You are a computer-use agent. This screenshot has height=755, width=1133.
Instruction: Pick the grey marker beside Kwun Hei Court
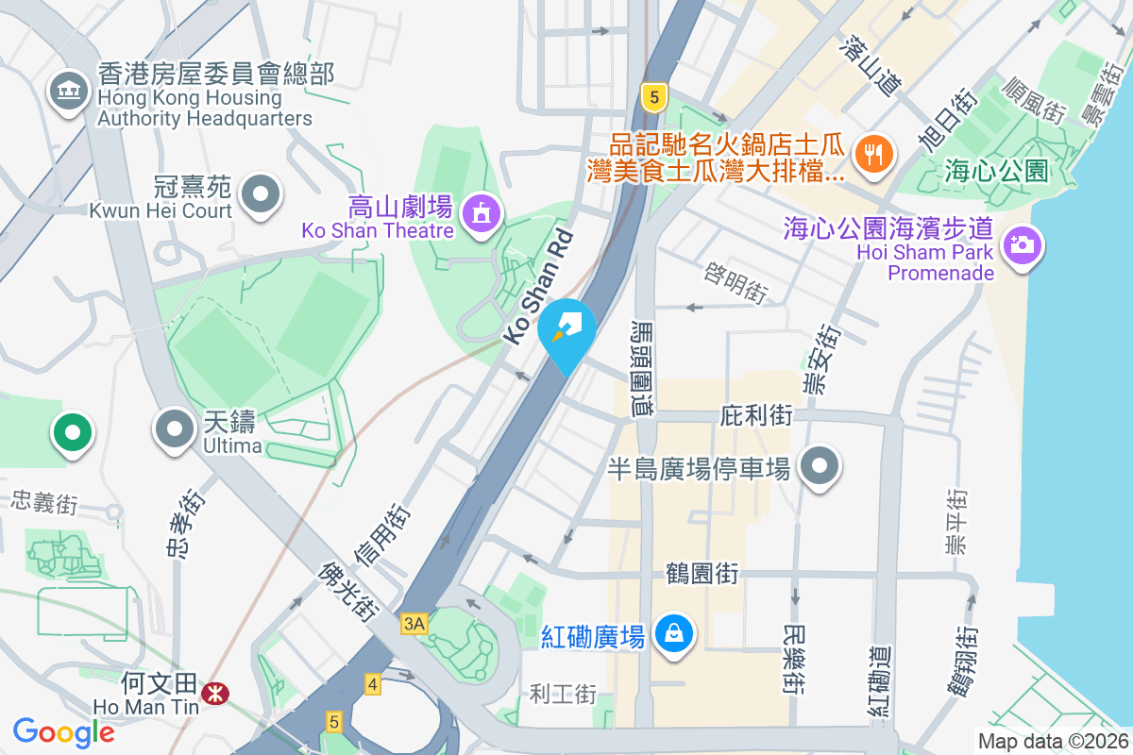[x=261, y=195]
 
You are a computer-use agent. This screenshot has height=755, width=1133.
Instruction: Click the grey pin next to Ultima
[x=174, y=429]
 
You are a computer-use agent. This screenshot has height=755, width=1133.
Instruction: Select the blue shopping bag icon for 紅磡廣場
[x=676, y=632]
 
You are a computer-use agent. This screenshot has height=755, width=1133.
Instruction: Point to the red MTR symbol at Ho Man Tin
[x=215, y=694]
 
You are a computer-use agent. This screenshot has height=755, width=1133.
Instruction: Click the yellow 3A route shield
[x=414, y=624]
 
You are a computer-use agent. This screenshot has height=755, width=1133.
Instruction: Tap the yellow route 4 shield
[x=373, y=684]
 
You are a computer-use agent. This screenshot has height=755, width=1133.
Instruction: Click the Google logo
[x=64, y=731]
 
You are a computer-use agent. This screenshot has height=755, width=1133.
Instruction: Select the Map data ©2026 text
[x=1051, y=741]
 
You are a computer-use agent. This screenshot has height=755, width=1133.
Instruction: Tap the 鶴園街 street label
[x=702, y=572]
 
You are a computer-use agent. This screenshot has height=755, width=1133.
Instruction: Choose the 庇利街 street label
[x=755, y=415]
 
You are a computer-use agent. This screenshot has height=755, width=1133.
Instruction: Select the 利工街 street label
[x=563, y=695]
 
